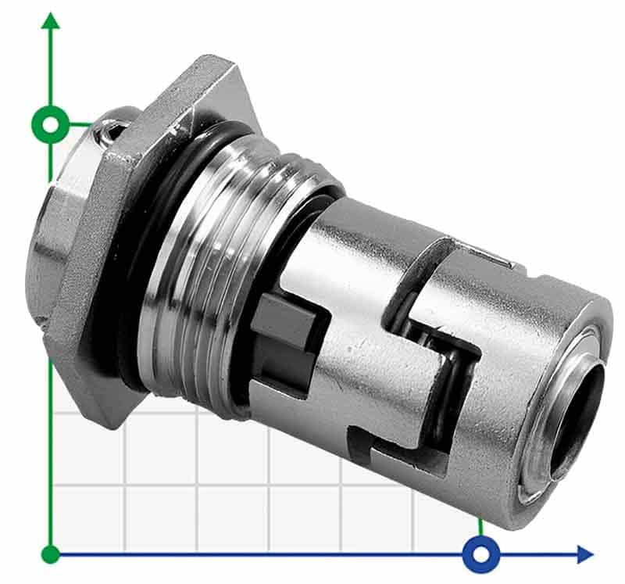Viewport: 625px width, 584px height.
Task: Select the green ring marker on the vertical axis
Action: (51, 124)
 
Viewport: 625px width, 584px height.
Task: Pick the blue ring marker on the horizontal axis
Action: (480, 555)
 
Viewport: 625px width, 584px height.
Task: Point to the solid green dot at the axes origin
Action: (51, 555)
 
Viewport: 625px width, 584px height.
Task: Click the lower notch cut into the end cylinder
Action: (391, 453)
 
